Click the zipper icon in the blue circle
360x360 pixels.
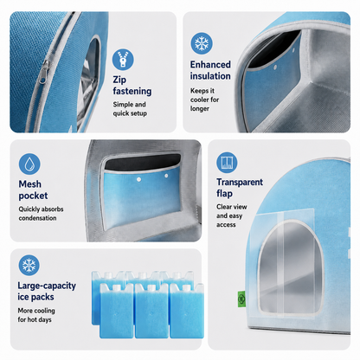pos(123,60)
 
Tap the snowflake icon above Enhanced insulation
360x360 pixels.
pos(202,43)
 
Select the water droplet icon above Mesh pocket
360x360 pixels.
pos(29,164)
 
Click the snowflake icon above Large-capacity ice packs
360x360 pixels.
pos(29,265)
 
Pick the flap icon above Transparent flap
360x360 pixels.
pos(227,163)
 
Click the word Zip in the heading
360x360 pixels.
pos(119,80)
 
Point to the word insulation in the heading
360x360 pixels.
pos(210,76)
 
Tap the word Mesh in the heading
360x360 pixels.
pos(30,184)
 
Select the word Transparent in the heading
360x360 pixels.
pos(240,182)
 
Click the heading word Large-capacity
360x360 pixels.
pos(47,286)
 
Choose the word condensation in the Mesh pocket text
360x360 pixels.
pos(37,218)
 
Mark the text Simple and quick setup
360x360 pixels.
pos(130,109)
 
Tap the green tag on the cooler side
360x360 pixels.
pos(241,299)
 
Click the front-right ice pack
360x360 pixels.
pos(187,311)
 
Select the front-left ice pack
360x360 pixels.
pos(117,311)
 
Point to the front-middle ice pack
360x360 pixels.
pos(151,311)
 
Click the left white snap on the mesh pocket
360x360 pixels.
pos(138,179)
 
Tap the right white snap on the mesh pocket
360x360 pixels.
pos(166,176)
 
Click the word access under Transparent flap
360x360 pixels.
pos(226,225)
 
